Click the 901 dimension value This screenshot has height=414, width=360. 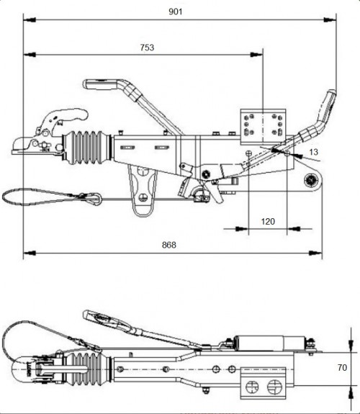click(176, 12)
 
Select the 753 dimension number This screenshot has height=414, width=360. click(147, 48)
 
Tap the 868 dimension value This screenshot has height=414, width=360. click(169, 245)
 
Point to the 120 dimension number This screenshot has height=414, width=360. click(268, 221)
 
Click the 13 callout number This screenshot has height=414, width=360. click(313, 152)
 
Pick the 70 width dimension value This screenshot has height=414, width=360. click(342, 367)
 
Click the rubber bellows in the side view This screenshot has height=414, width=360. click(86, 147)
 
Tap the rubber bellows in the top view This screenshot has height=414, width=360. click(87, 370)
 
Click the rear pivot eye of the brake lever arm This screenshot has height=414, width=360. click(312, 181)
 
